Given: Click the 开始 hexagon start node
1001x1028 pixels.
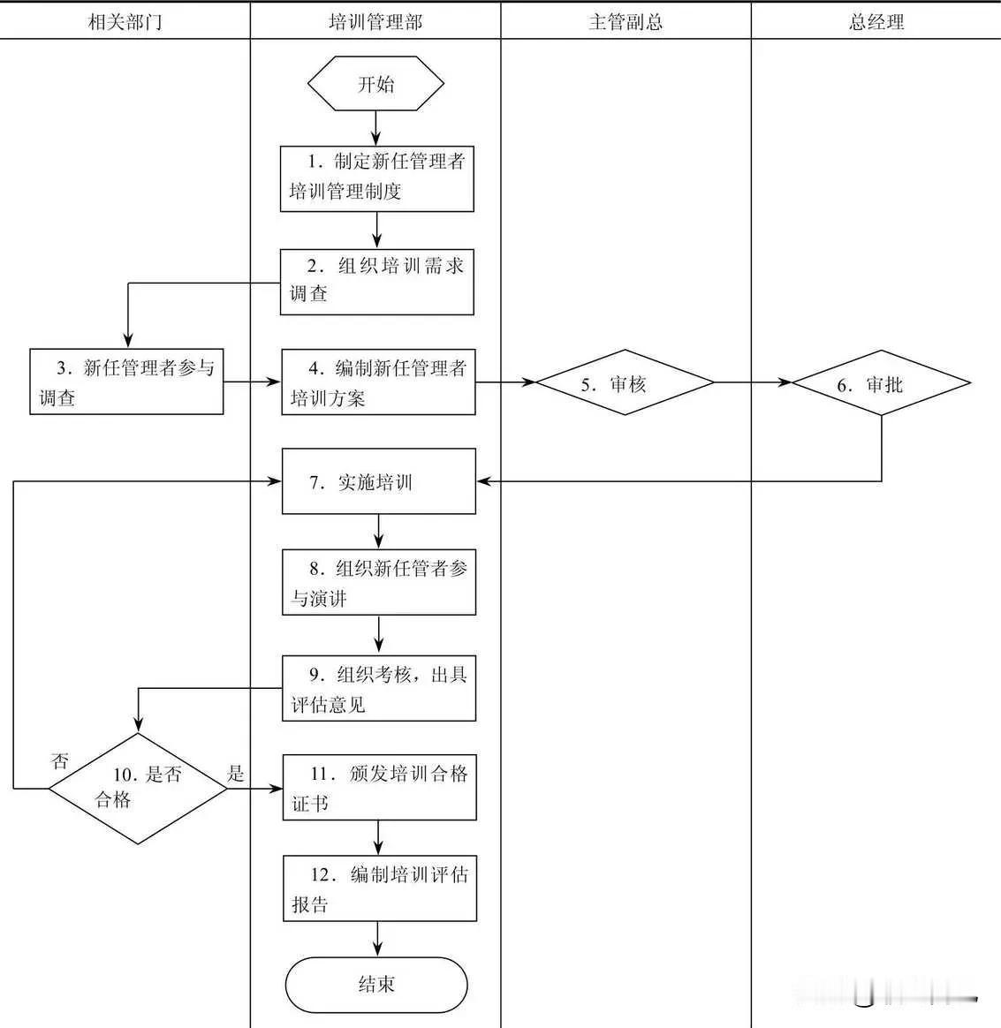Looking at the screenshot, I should coord(375,85).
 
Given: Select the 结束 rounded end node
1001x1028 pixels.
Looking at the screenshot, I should coord(376,984).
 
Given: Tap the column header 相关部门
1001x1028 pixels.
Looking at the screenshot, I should coord(125,22).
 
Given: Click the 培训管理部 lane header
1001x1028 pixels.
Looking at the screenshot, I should coord(375,22).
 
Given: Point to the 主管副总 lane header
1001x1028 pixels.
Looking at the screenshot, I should coord(626,22).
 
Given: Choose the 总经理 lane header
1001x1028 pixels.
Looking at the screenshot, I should coord(876,22).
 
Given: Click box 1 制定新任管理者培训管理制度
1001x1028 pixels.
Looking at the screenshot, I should coord(377,178).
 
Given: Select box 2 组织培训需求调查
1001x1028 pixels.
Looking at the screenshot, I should coord(377,282).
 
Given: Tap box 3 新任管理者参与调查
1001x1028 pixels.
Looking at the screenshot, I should coord(126,382).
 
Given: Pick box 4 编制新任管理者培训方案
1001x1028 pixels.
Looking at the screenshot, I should coord(378,382).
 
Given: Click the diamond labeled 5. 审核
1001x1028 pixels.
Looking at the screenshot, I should coord(626,383).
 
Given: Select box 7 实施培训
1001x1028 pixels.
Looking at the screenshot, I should coord(378,481).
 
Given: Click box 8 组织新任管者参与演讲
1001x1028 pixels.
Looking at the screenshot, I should coord(379,582).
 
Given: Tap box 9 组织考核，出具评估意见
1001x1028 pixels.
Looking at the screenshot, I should coord(379,688).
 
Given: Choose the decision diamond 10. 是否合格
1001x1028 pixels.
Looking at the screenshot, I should coord(138,788).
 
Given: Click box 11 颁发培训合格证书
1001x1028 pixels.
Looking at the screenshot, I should coord(379,787).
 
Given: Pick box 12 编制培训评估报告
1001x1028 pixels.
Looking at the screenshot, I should coord(380,888).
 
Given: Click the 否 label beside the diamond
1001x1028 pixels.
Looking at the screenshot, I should coord(60,760).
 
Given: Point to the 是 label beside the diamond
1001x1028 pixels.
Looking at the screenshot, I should coord(235,774).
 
